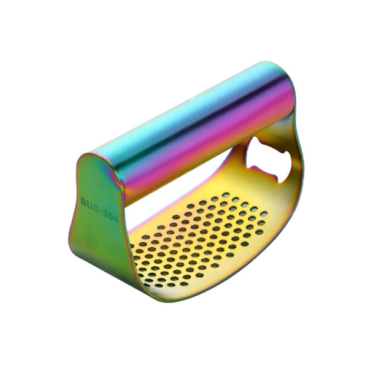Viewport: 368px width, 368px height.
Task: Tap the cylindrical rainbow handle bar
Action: point(196,123)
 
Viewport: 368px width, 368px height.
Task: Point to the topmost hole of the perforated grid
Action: point(226,195)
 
